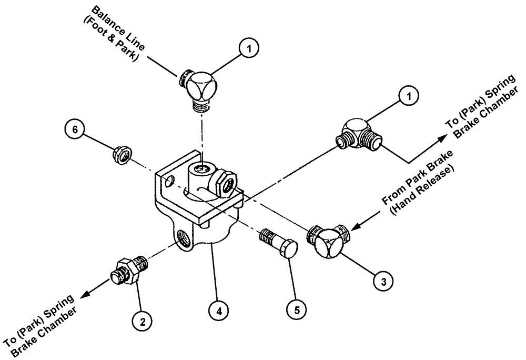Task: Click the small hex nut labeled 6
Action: point(122,155)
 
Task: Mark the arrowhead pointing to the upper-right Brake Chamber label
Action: point(439,136)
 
